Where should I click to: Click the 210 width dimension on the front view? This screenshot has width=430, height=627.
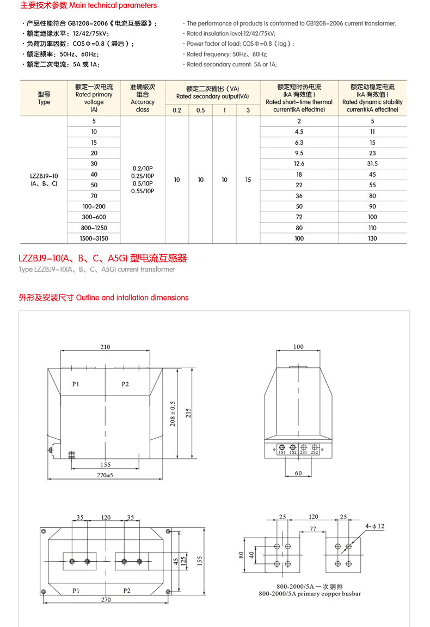105,347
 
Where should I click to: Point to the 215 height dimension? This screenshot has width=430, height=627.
188,413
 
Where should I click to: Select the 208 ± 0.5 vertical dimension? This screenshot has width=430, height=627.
173,413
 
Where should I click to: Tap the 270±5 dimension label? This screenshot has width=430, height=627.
106,475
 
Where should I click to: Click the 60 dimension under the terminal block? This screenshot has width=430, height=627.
298,473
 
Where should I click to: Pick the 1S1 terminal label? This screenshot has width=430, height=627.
282,452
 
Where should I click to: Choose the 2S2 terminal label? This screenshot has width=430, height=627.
315,452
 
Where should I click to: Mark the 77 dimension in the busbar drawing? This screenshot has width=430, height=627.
313,528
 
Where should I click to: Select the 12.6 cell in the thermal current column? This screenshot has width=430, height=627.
299,164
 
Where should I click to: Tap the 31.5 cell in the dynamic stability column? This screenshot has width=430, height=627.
372,164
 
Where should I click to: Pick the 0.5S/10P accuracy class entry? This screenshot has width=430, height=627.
143,191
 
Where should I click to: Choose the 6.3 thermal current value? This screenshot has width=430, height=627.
299,143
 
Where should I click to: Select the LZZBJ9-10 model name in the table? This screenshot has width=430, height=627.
44,176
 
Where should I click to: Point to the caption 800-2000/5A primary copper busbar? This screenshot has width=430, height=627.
310,594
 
